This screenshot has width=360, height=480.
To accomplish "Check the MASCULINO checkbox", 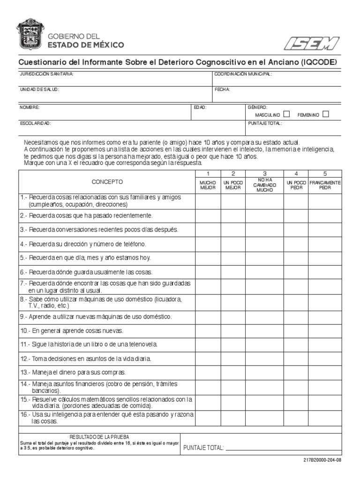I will tap(287, 114).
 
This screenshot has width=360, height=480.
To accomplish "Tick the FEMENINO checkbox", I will tap(326, 114).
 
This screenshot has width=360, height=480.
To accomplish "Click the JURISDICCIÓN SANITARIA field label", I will tap(46, 74).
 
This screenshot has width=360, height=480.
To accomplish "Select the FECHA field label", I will tap(222, 89).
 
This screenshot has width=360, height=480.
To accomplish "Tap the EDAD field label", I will tap(200, 107).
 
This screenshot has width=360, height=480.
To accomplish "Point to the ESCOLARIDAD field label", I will tap(35, 123).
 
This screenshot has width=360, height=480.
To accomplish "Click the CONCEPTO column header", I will tap(107, 181).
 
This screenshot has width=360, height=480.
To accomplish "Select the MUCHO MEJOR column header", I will tap(208, 185).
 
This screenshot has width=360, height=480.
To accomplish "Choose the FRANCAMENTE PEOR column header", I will tap(325, 185).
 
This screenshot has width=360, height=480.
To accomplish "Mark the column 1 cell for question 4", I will tap(208, 244).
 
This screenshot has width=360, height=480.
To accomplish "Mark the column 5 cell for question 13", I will tap(325, 372).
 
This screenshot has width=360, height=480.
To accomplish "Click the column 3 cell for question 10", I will tap(264, 330).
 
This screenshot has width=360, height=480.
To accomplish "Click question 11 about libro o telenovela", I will tap(89, 344).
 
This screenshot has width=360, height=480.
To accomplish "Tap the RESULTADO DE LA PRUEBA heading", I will tap(99, 436).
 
